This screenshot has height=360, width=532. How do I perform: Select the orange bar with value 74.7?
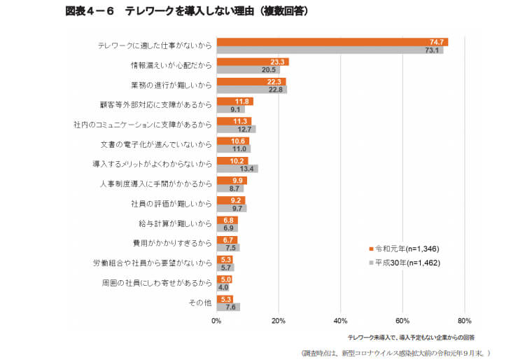point(332,42)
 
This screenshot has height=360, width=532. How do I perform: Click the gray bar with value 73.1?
point(329,50)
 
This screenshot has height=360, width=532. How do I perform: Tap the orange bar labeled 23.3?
point(252,62)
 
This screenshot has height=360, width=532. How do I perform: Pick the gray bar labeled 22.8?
point(251,89)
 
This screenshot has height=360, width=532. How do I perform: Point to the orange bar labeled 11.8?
point(234,101)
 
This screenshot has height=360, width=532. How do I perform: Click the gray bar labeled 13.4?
point(237,168)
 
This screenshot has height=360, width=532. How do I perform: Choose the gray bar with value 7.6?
point(228,307)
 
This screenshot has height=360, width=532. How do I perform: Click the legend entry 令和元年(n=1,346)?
point(407,249)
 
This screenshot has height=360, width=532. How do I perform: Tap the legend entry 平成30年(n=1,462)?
point(407,263)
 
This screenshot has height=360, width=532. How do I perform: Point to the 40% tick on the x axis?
point(340,321)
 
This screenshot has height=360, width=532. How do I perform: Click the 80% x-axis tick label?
point(464,321)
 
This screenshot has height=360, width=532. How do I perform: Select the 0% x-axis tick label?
point(216,321)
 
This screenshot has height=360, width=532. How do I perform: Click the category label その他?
point(201,303)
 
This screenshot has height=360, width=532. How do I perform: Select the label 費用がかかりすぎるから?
point(175,243)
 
